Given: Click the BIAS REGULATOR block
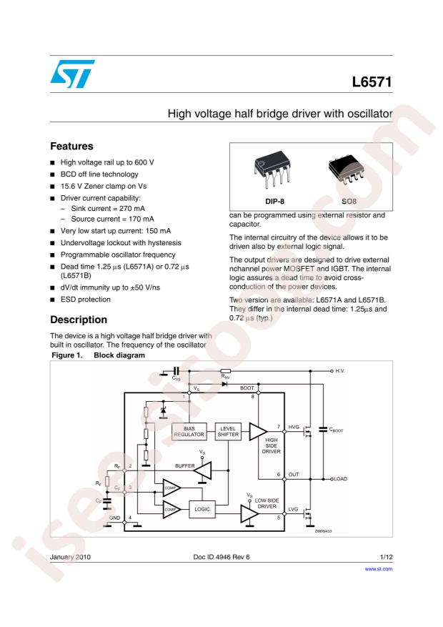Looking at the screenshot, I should click(189, 431).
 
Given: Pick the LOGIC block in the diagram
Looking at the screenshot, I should click(201, 510).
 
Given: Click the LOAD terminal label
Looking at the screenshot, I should click(339, 479).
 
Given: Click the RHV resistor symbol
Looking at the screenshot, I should click(225, 371).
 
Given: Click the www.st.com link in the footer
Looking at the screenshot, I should click(378, 569).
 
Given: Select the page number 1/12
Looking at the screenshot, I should click(385, 556).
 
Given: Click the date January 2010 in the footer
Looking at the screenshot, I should click(69, 556).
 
